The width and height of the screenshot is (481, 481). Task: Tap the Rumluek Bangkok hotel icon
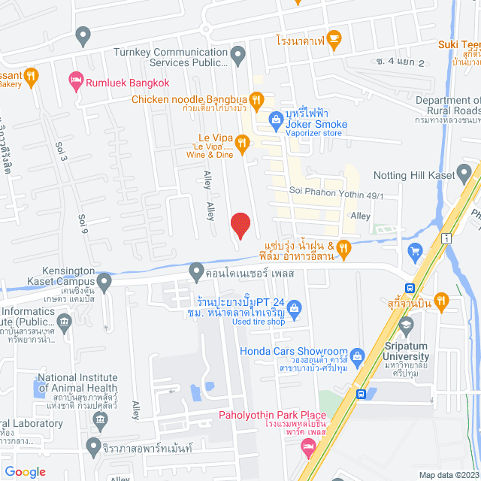[76, 80]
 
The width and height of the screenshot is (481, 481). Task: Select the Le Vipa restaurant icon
[242, 141]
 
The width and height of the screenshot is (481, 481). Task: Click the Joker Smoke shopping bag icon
[276, 119]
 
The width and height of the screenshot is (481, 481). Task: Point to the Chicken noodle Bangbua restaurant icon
[256, 98]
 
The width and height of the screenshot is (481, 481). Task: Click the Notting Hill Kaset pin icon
[467, 174]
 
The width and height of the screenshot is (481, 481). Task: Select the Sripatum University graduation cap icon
[407, 325]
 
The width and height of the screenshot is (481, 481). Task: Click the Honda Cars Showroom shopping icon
[357, 354]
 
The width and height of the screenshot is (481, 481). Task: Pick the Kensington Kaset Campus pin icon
[104, 282]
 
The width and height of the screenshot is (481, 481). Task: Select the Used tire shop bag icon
[295, 307]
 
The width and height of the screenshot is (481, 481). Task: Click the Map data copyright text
[448, 475]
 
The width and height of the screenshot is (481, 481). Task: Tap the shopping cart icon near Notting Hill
[414, 250]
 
